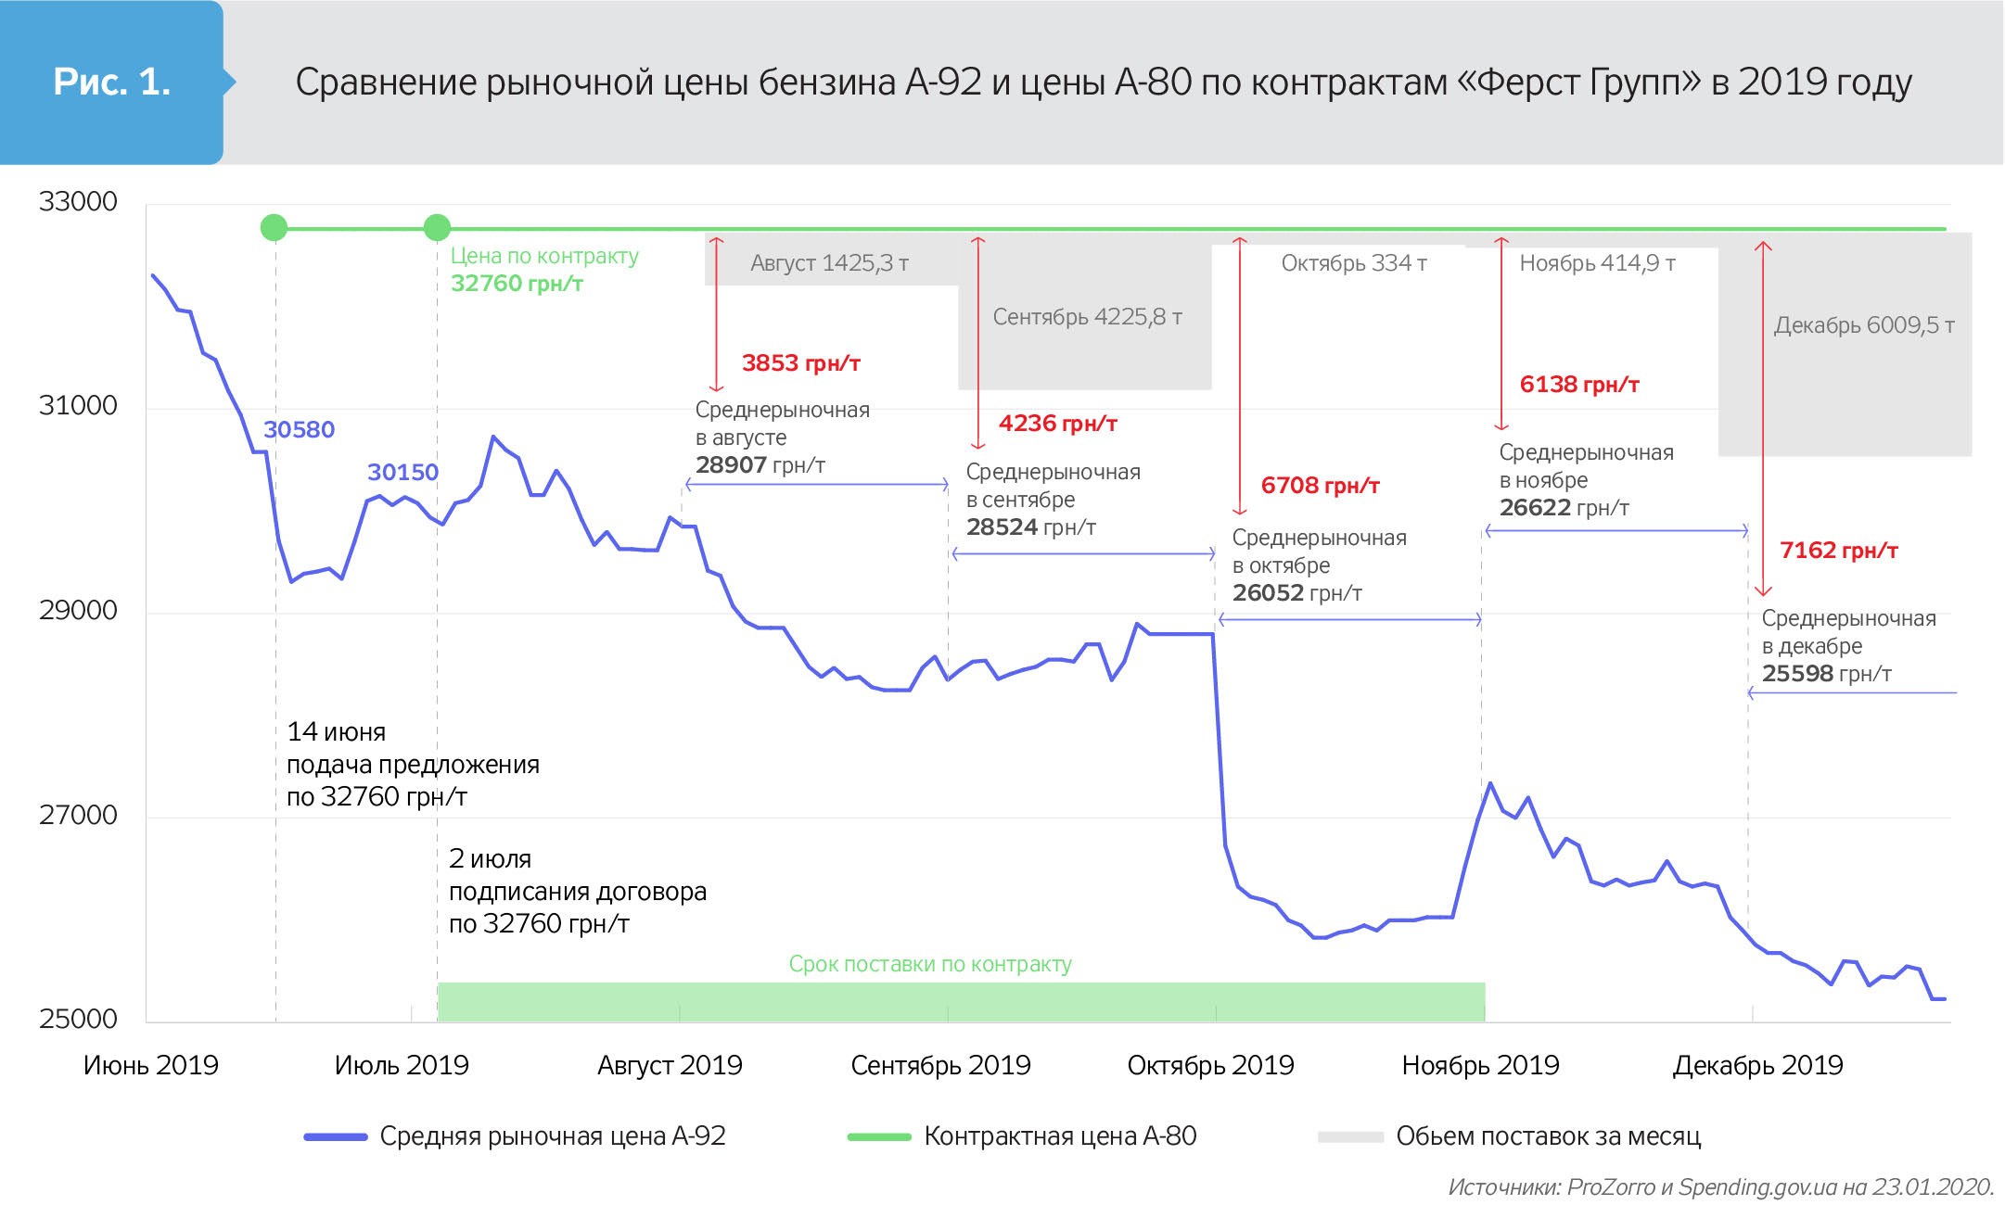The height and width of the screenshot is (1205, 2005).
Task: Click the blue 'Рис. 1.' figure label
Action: (x=111, y=82)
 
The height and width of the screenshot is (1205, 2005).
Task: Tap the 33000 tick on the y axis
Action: (x=78, y=201)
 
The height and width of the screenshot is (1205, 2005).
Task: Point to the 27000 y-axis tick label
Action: (x=78, y=815)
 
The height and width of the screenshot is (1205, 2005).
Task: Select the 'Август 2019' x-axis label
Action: (x=670, y=1065)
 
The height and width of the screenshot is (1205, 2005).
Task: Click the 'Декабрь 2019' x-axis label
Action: (x=1757, y=1065)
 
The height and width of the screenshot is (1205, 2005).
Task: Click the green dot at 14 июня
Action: (x=274, y=227)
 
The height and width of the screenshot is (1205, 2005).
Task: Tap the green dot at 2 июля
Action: (x=437, y=227)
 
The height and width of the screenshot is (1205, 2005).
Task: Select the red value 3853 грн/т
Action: (x=800, y=362)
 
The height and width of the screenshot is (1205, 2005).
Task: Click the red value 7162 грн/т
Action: (x=1838, y=550)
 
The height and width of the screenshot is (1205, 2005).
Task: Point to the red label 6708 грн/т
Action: (x=1320, y=485)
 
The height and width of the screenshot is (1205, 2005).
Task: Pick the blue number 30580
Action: (x=299, y=429)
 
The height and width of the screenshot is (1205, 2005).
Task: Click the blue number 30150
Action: (x=402, y=472)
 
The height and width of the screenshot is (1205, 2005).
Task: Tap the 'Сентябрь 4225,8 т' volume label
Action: (x=1087, y=317)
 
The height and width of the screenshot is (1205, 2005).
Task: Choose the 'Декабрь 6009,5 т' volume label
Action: (x=1864, y=325)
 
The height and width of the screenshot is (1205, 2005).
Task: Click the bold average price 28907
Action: (x=731, y=464)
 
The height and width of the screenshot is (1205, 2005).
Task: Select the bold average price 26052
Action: (x=1268, y=592)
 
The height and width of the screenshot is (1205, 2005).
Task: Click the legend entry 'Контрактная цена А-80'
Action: (x=1059, y=1135)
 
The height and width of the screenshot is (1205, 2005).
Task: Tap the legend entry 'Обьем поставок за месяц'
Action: (x=1548, y=1135)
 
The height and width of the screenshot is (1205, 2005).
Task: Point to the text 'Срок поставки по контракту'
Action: (x=929, y=964)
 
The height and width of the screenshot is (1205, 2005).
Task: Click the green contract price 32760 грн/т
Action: (x=517, y=283)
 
